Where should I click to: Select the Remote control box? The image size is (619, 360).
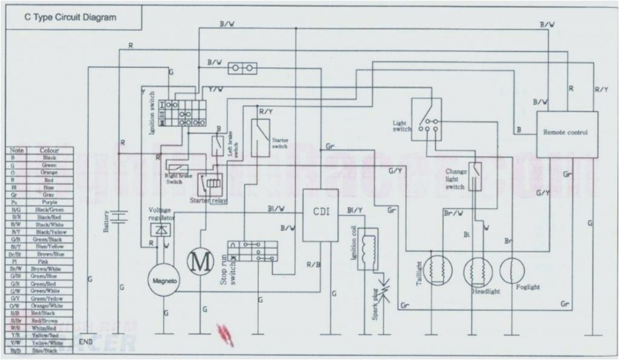tap(565, 133)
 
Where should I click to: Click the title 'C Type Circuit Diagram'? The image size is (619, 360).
tap(70, 18)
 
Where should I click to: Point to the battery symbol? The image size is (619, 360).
tap(121, 217)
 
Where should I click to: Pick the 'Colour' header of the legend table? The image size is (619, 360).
tap(50, 150)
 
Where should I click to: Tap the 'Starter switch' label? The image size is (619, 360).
tap(279, 143)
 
